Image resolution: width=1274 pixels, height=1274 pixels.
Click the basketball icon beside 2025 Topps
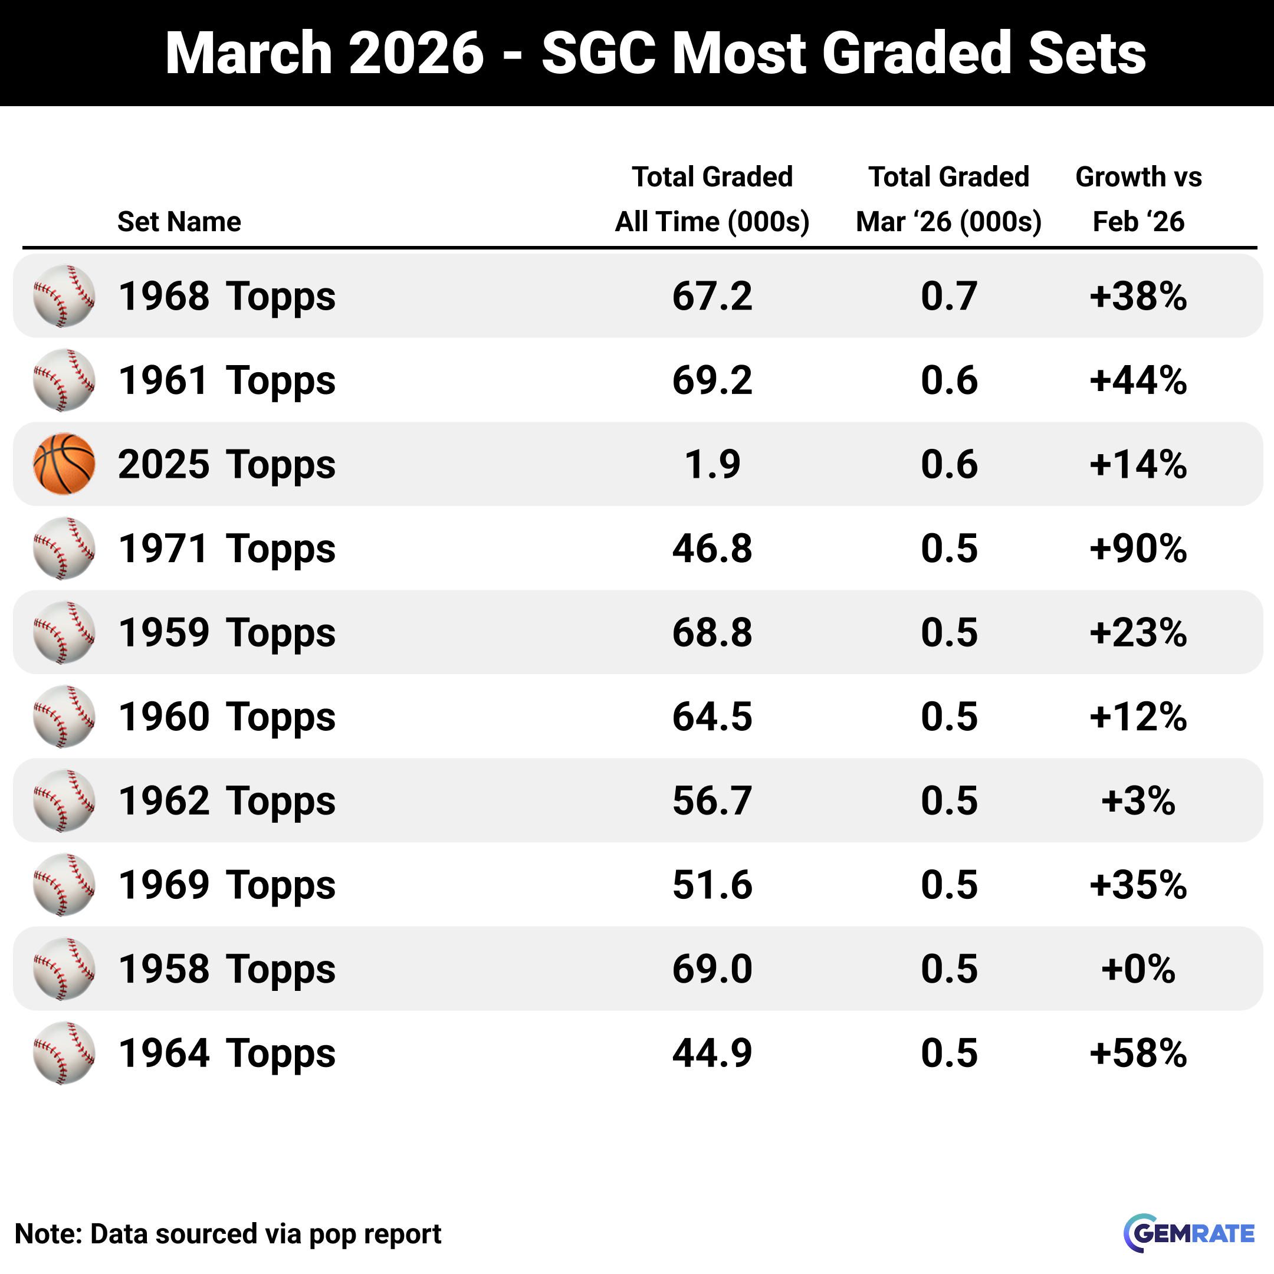[64, 464]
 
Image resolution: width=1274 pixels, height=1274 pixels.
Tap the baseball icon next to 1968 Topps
[64, 296]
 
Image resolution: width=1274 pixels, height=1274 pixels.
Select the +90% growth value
[1138, 549]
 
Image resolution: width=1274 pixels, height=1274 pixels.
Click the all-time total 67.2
[712, 296]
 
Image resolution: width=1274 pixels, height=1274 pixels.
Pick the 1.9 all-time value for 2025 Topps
[712, 464]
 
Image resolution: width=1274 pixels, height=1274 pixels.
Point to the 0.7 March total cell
[948, 296]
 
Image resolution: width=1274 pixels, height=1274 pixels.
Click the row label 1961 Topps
[227, 380]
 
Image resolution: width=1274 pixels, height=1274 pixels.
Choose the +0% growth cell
[1138, 968]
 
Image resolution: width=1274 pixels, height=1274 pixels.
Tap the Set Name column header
[179, 222]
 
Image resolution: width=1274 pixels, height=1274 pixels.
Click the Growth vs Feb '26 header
[1138, 199]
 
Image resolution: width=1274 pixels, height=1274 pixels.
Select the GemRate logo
[1188, 1233]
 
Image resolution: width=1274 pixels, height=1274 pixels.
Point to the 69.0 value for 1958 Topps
[712, 968]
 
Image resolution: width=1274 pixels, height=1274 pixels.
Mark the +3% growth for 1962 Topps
[1138, 800]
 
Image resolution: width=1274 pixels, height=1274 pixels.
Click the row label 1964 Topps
[227, 1053]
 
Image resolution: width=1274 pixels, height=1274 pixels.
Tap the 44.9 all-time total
[712, 1053]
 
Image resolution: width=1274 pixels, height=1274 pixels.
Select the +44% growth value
[1138, 380]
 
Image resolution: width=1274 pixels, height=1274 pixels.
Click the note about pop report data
[228, 1234]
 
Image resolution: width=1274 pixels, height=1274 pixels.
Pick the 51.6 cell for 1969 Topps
[712, 885]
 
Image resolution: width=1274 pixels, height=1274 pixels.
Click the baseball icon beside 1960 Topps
[64, 717]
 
